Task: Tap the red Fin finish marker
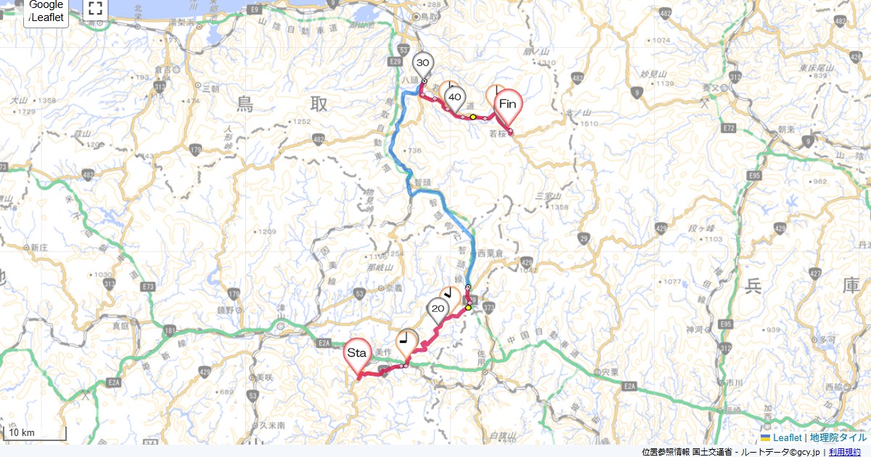tap(508, 104)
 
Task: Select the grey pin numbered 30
tap(423, 64)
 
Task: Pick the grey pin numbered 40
tap(455, 97)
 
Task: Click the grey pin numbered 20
tap(438, 310)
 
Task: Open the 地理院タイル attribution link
tap(838, 437)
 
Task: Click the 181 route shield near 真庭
tap(169, 332)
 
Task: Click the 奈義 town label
tap(394, 288)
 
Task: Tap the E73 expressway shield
tap(149, 287)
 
